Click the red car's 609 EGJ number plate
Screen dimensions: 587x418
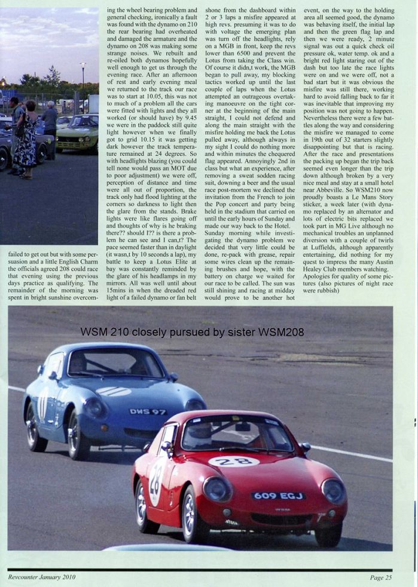tap(278, 496)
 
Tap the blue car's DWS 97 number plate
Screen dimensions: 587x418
tap(148, 411)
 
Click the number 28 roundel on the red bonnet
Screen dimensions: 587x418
tap(234, 461)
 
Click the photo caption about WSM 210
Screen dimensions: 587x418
tap(192, 331)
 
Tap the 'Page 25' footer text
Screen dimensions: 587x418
tap(381, 577)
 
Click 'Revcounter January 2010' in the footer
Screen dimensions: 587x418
tap(42, 577)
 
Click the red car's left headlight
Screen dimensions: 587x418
tap(218, 488)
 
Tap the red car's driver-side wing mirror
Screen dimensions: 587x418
tap(306, 447)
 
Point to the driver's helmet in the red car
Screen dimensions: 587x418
tap(203, 434)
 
